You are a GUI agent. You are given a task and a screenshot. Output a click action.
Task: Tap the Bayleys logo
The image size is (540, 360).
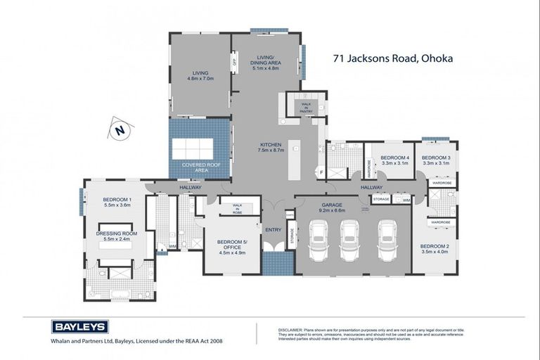[x=79, y=326]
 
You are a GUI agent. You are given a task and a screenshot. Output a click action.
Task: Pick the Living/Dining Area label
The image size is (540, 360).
[x=266, y=63]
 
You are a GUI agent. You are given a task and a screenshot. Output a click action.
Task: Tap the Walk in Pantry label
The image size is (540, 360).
[x=307, y=107]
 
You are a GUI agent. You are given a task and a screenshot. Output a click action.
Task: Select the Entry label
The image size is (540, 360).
[x=273, y=230]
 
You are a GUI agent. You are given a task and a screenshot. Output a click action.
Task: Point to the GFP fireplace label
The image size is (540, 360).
[x=235, y=62]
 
